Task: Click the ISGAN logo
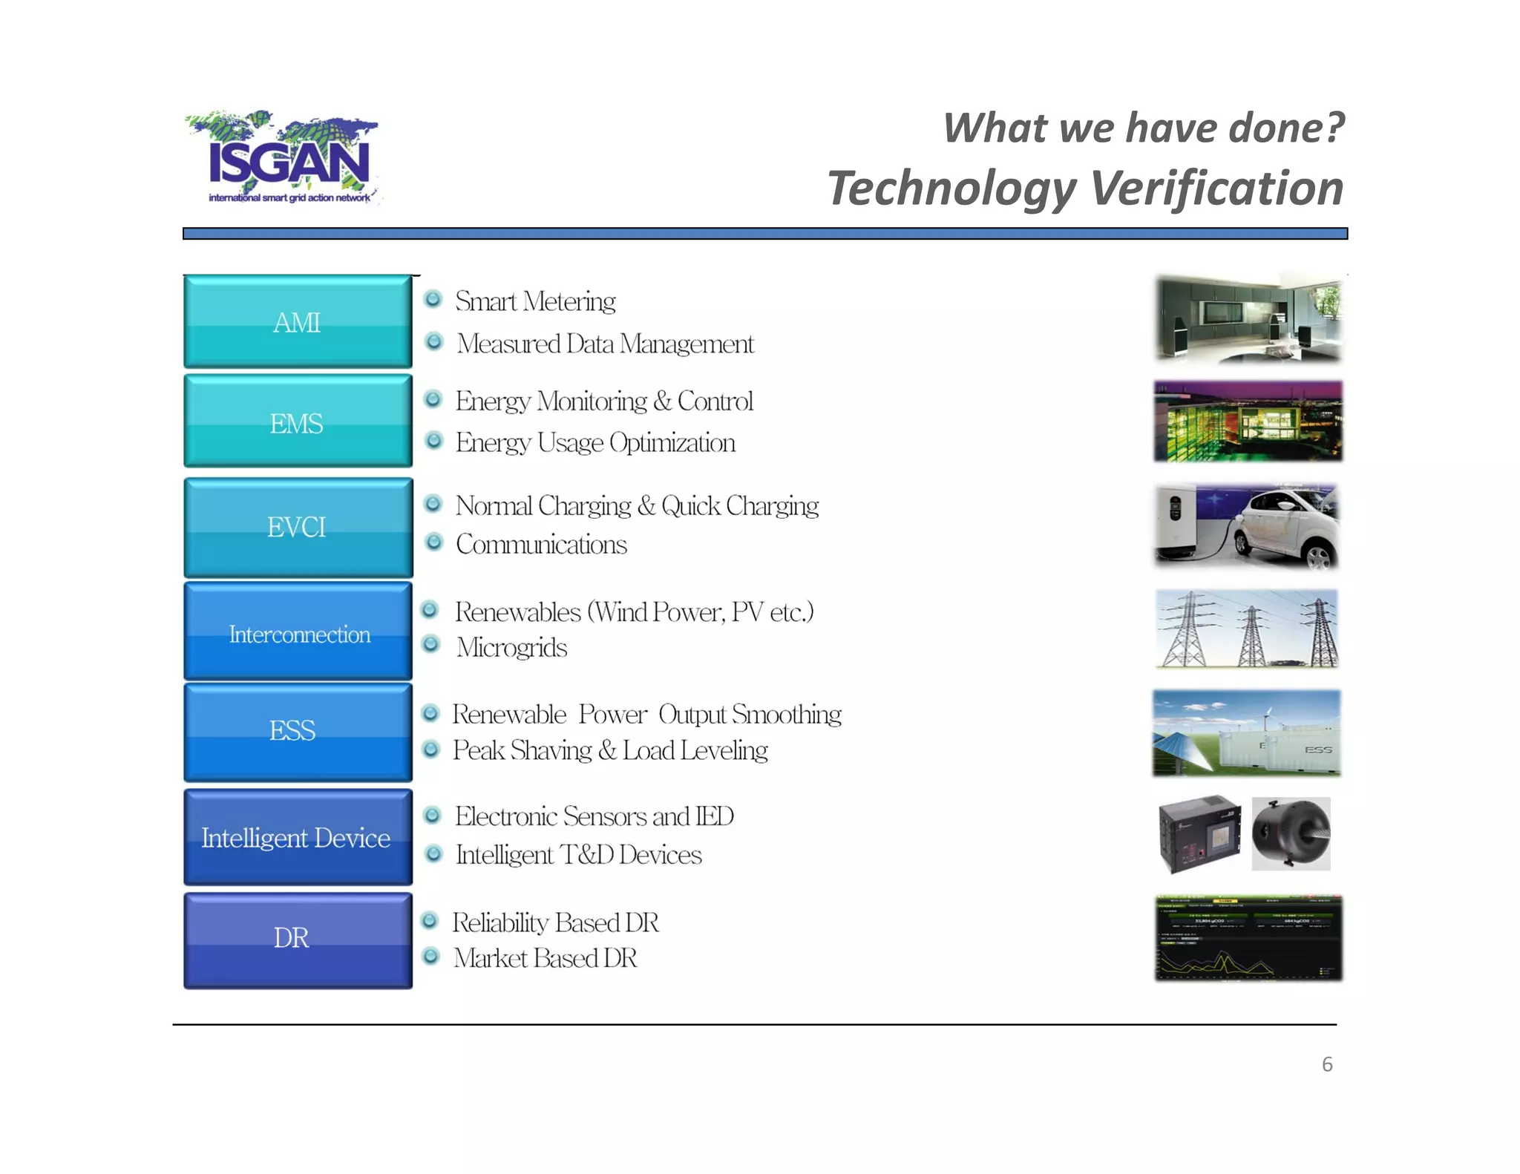tap(286, 157)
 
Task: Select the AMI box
tap(298, 322)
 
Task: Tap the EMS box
tap(298, 422)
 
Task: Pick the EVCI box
tap(298, 527)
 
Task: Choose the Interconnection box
tap(298, 633)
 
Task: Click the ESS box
tap(298, 731)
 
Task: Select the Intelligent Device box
tap(298, 837)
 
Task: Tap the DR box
tap(298, 939)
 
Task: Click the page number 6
tap(1327, 1064)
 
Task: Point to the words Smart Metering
tap(535, 301)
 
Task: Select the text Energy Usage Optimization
tap(595, 443)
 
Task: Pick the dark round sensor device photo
tap(1291, 833)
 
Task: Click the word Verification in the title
tap(1217, 188)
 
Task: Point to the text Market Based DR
tap(546, 958)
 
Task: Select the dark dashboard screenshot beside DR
tap(1248, 939)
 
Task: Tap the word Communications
tap(541, 545)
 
